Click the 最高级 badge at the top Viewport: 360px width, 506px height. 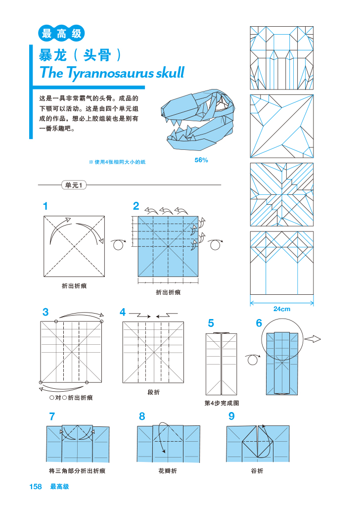61,34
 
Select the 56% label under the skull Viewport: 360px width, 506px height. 201,160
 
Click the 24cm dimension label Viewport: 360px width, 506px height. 282,309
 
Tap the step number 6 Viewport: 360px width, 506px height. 259,323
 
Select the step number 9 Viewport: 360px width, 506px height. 231,416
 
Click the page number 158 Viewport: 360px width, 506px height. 35,487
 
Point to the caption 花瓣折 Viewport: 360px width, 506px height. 167,471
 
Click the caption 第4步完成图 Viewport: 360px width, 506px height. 222,403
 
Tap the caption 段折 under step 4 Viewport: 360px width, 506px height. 153,392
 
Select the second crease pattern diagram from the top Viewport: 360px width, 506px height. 282,126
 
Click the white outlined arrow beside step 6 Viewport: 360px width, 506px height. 313,339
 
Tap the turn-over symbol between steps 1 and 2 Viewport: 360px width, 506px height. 118,245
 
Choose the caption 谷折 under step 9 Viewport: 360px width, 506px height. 257,471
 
